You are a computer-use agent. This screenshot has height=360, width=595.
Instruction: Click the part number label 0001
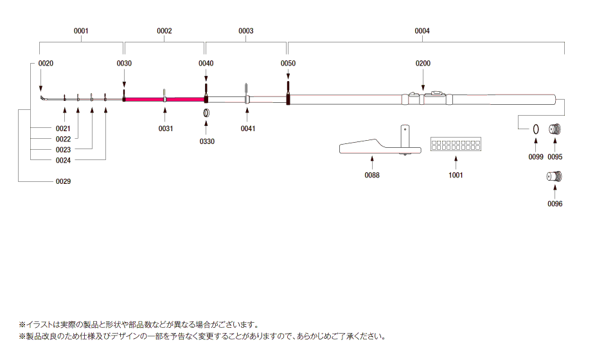(x=81, y=31)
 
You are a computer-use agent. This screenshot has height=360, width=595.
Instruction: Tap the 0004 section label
(x=422, y=31)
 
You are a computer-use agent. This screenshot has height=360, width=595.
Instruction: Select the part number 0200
(x=423, y=64)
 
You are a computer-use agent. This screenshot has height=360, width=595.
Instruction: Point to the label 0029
(x=64, y=181)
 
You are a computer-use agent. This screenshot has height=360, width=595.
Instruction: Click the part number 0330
(x=207, y=141)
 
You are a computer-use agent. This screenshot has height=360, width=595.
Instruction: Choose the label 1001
(x=456, y=175)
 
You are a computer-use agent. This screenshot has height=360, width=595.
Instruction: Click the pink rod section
(x=165, y=100)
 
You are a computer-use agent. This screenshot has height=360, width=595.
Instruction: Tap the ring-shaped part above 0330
(x=206, y=113)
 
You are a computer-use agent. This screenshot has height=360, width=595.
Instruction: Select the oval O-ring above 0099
(x=536, y=129)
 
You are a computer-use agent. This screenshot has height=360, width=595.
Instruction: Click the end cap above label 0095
(x=555, y=129)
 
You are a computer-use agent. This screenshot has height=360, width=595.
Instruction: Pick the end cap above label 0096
(x=555, y=176)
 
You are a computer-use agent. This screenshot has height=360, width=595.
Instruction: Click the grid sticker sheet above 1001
(x=456, y=144)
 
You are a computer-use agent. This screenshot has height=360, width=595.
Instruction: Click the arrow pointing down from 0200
(x=423, y=79)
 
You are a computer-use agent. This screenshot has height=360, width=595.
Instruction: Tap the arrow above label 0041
(x=247, y=115)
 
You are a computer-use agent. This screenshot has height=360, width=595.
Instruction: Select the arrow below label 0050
(x=288, y=74)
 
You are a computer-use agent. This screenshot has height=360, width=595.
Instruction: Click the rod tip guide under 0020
(x=44, y=98)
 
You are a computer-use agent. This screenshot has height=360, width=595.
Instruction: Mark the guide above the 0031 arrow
(x=164, y=95)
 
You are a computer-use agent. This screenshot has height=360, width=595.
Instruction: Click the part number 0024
(x=64, y=161)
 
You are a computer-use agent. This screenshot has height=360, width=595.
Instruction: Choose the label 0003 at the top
(x=246, y=31)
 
